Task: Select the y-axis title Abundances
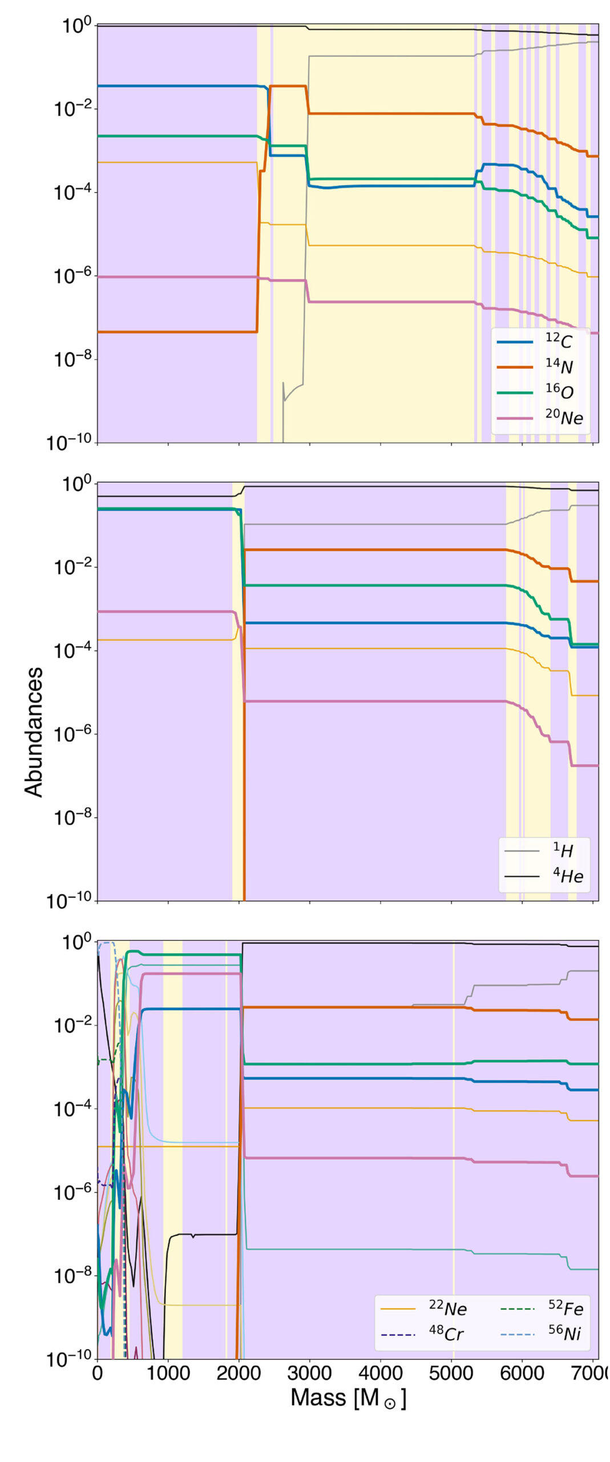click(x=34, y=732)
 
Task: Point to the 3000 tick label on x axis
click(x=309, y=1373)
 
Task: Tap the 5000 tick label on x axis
click(x=451, y=1373)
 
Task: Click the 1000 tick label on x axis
click(x=168, y=1373)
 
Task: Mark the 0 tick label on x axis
click(x=98, y=1373)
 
